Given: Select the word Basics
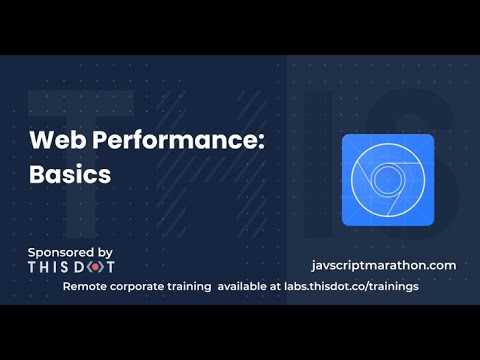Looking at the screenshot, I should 69,172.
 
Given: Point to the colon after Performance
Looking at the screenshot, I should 261,141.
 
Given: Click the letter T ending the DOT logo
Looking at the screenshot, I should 110,267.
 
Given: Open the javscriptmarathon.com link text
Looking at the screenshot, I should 384,265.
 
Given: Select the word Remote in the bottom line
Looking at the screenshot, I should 87,286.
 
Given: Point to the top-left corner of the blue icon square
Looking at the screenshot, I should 344,136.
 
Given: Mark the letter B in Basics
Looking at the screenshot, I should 36,172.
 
